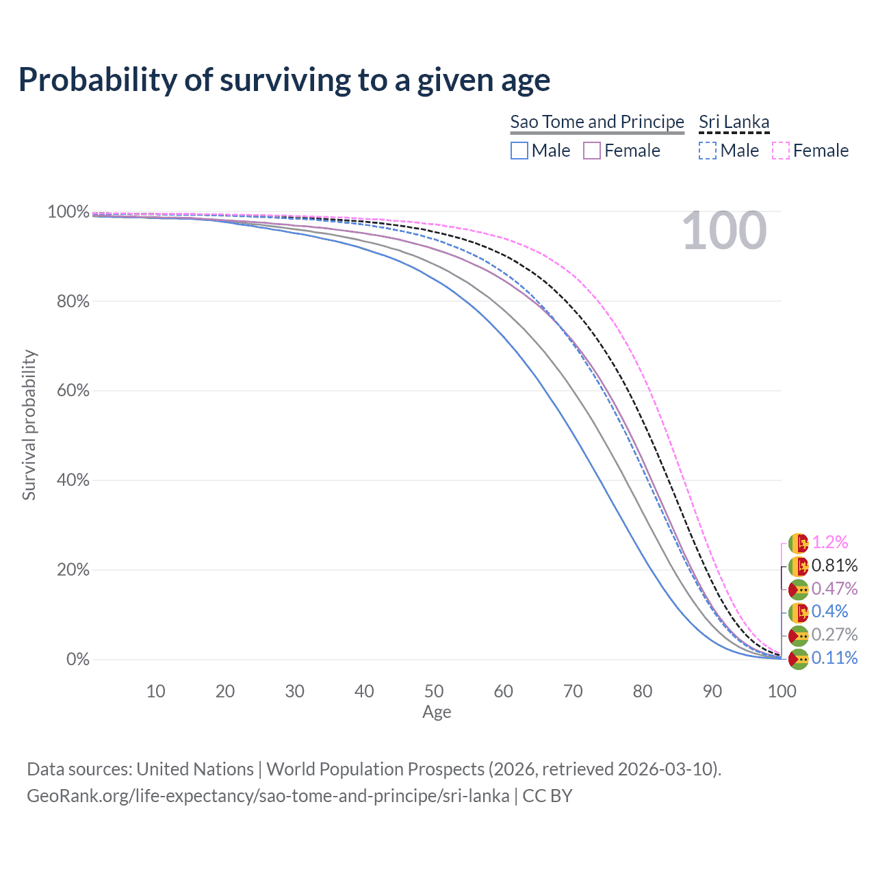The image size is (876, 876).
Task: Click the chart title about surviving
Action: (284, 80)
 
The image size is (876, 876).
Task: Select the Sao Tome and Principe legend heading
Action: (597, 122)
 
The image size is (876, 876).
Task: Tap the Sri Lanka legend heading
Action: (734, 122)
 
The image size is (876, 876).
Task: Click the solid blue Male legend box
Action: (519, 151)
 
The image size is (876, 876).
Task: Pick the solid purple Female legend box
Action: (592, 151)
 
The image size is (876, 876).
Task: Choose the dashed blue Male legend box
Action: (708, 151)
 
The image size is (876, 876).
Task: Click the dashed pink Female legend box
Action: (781, 151)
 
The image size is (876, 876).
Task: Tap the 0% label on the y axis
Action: (78, 660)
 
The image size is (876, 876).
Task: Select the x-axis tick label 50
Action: (434, 691)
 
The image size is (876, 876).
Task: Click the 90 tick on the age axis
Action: (712, 691)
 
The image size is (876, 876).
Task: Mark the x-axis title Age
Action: (437, 712)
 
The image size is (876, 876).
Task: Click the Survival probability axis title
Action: (29, 425)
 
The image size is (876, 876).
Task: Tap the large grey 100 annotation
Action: (724, 231)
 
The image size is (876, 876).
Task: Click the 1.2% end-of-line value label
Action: (829, 543)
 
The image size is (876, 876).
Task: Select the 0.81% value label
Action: (834, 566)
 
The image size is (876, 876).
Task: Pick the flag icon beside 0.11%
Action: (798, 659)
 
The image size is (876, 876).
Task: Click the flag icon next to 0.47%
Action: (798, 589)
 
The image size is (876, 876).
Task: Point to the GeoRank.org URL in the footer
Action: (268, 796)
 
